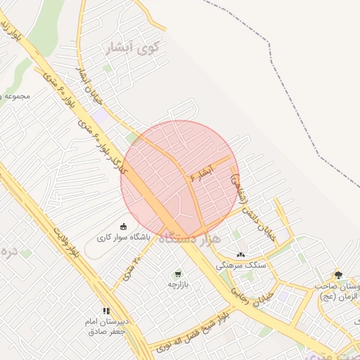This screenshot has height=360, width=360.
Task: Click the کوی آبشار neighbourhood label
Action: coord(133,48)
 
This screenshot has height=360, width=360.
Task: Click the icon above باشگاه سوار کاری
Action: coord(124,226)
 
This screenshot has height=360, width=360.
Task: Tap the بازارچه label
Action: coord(178,285)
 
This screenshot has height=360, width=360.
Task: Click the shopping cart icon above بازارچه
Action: coord(178,274)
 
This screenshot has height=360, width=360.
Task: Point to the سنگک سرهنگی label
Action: coord(240,265)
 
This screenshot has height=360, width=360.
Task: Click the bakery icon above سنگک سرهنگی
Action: coord(240,255)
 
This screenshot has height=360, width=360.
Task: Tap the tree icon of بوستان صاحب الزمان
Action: coord(338,275)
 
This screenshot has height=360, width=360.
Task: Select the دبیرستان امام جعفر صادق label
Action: coord(106,326)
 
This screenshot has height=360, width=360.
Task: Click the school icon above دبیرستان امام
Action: coord(106,310)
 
